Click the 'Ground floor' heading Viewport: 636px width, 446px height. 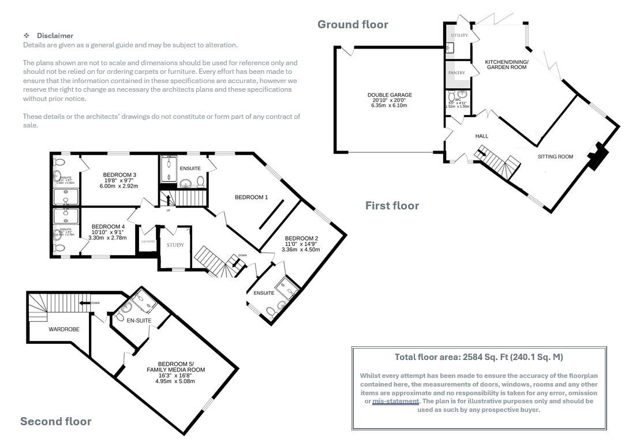coord(353,24)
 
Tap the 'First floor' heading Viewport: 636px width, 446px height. coord(392,205)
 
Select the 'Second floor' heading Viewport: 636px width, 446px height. coord(56,421)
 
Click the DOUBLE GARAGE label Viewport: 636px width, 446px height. coord(390,95)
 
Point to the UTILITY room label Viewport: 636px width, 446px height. coord(459,36)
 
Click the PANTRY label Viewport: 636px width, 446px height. coord(457,73)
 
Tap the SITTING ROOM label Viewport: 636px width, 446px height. coord(555,156)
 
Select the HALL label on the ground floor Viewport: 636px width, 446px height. coord(481,136)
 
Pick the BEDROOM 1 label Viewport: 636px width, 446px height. coord(251,197)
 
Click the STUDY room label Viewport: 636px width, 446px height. coord(175,245)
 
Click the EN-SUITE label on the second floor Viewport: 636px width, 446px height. coord(139,320)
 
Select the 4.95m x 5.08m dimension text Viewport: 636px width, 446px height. coord(175,381)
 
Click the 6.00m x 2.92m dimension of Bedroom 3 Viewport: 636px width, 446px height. coord(119,186)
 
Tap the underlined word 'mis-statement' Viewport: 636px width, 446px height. coord(395,401)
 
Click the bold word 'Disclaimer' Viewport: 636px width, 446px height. coord(55,36)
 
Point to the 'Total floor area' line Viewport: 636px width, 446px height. coord(478,357)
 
